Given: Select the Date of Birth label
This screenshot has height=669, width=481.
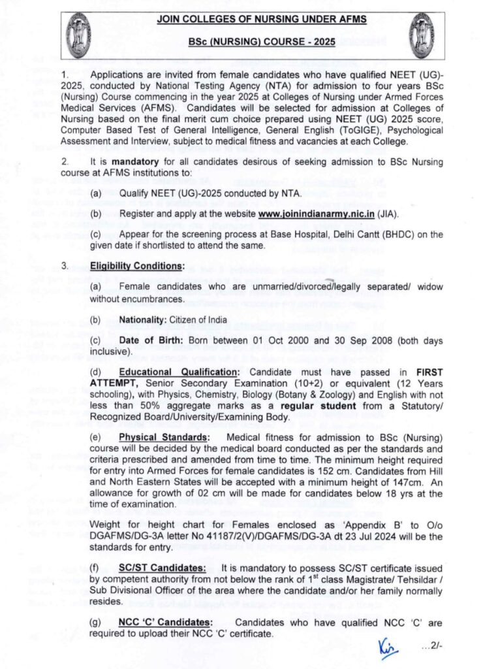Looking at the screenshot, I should (x=152, y=341).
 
